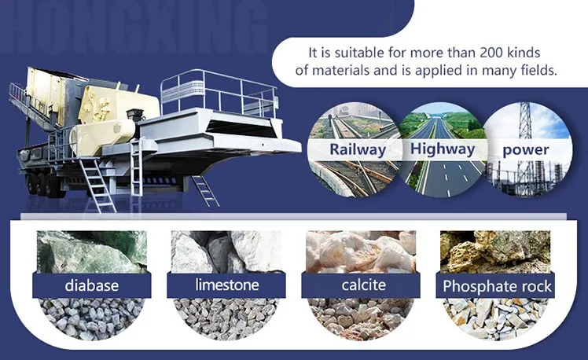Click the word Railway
pyautogui.click(x=358, y=149)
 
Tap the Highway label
pyautogui.click(x=443, y=149)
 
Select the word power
pyautogui.click(x=526, y=150)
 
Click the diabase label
pyautogui.click(x=92, y=285)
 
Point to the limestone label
pyautogui.click(x=227, y=285)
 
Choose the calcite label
pyautogui.click(x=363, y=285)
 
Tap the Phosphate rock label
pyautogui.click(x=497, y=286)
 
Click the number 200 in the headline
pyautogui.click(x=491, y=53)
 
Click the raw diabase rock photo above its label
pyautogui.click(x=92, y=252)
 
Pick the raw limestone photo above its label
pyautogui.click(x=226, y=252)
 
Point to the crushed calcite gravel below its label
pyautogui.click(x=361, y=319)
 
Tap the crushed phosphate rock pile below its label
pyautogui.click(x=495, y=319)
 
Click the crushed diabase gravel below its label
pyautogui.click(x=92, y=319)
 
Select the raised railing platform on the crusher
pyautogui.click(x=219, y=93)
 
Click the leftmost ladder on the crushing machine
pyautogui.click(x=97, y=185)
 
